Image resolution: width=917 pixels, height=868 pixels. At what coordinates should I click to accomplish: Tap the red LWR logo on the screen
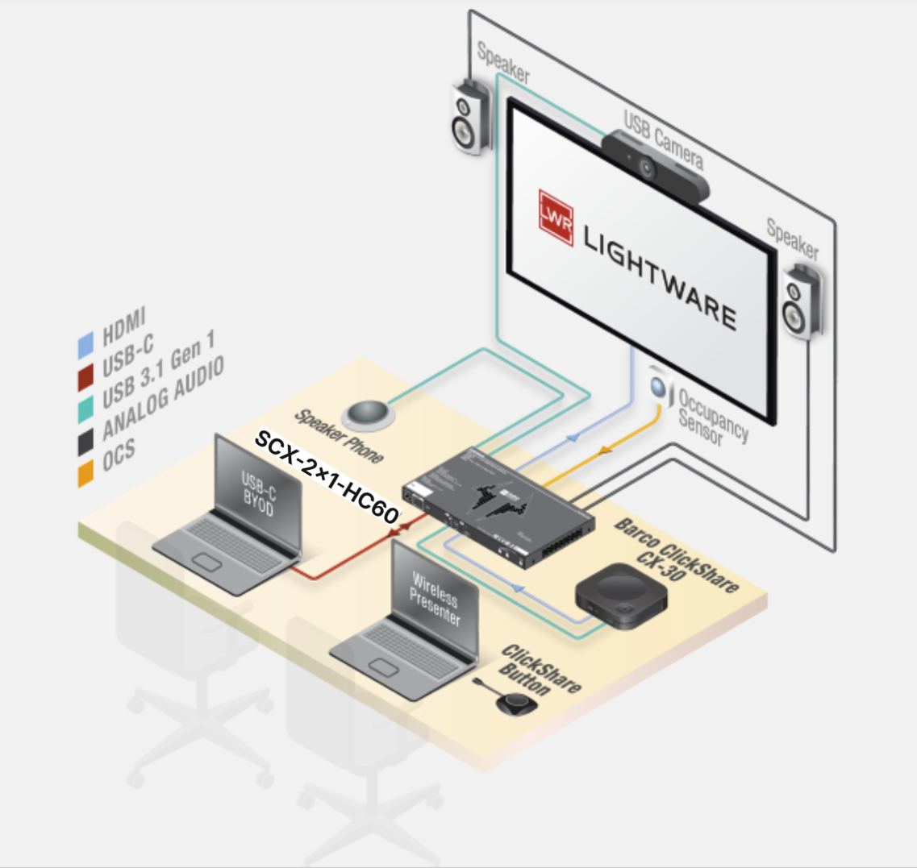point(556,218)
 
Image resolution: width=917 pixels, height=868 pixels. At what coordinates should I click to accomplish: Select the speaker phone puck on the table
point(368,415)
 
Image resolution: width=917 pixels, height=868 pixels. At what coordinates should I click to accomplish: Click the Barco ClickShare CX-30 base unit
point(621,595)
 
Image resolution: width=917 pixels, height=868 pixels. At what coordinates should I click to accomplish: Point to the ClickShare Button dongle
point(509,699)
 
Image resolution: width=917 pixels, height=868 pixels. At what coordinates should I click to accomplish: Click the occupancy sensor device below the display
point(660,386)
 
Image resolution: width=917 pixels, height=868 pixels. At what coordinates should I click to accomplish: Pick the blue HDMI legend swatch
point(85,345)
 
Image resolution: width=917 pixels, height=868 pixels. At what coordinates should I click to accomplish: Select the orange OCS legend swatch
point(85,473)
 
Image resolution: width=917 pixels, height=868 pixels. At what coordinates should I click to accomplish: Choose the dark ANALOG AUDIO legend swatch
point(85,442)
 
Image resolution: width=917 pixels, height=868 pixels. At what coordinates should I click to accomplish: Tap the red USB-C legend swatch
point(85,377)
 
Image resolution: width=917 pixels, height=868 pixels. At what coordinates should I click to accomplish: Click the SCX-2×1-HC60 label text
point(327,476)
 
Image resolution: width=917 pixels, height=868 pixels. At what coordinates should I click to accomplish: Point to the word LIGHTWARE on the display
point(661,277)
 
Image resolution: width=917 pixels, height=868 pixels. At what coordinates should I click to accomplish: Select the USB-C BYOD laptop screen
point(258,494)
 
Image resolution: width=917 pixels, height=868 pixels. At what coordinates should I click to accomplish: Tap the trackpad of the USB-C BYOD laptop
point(207,562)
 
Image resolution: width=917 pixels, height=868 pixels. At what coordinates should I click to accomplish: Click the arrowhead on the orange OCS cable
point(605,451)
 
